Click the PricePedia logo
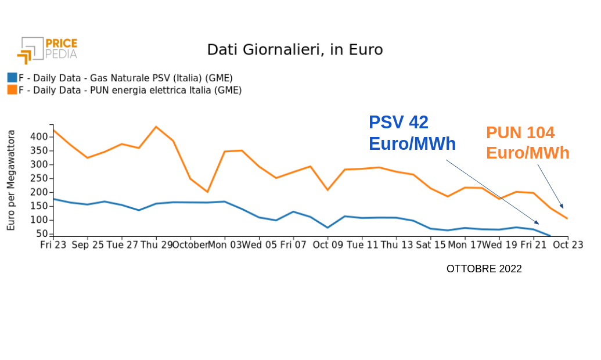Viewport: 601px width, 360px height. [x=47, y=50]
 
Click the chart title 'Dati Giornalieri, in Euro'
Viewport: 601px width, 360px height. [x=295, y=50]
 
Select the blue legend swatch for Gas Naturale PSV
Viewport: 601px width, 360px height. [x=12, y=78]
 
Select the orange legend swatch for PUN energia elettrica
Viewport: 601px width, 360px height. [x=12, y=90]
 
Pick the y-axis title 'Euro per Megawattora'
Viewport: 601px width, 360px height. [x=11, y=181]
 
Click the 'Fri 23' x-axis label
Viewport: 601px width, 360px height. [x=53, y=246]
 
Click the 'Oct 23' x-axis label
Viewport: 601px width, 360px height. [x=568, y=246]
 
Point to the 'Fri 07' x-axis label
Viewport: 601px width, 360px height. [x=293, y=246]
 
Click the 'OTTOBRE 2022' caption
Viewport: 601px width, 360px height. [x=484, y=269]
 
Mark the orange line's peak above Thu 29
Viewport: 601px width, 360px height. [x=156, y=127]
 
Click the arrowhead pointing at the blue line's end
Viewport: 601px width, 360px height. [x=537, y=222]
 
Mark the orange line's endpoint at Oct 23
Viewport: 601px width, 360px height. [x=567, y=219]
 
